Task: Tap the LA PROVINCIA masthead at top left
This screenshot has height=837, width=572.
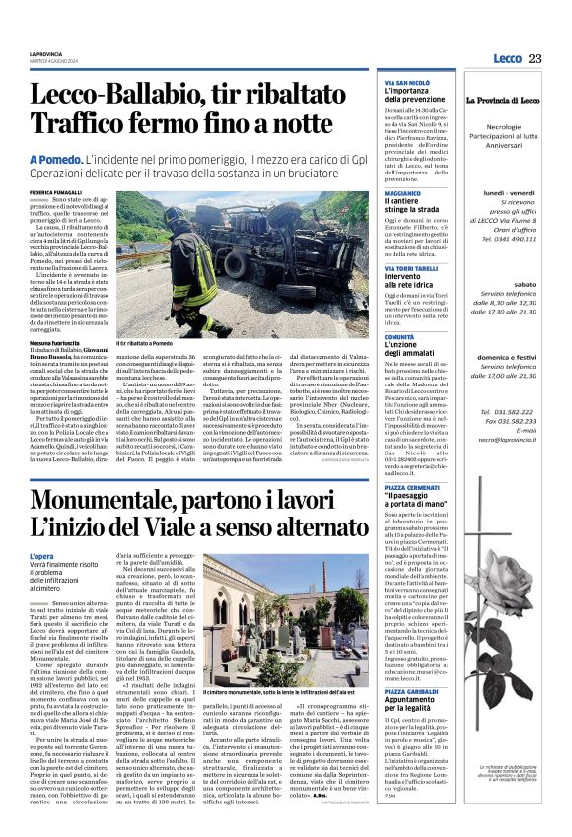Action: pyautogui.click(x=45, y=52)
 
